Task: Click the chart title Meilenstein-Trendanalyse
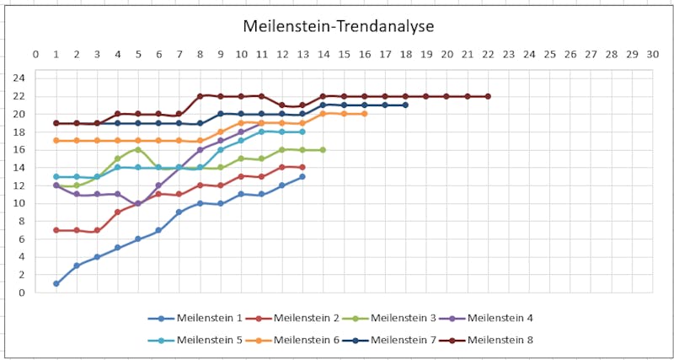click(338, 26)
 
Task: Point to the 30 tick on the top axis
click(652, 54)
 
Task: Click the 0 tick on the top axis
click(35, 54)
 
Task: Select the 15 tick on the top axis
click(344, 54)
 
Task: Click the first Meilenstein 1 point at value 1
click(56, 283)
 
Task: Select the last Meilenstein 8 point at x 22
click(488, 96)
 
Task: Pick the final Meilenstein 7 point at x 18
click(405, 105)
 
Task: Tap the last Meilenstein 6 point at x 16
click(364, 114)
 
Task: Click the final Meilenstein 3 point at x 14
click(323, 150)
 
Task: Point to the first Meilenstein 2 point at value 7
click(56, 230)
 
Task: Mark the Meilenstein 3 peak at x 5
click(138, 149)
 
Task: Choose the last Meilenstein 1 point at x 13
click(302, 176)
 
